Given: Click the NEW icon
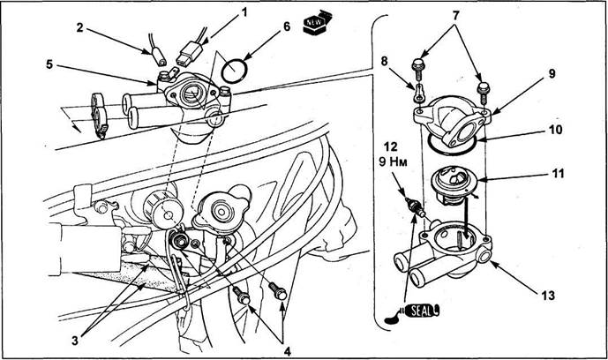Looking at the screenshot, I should pos(316,22).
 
